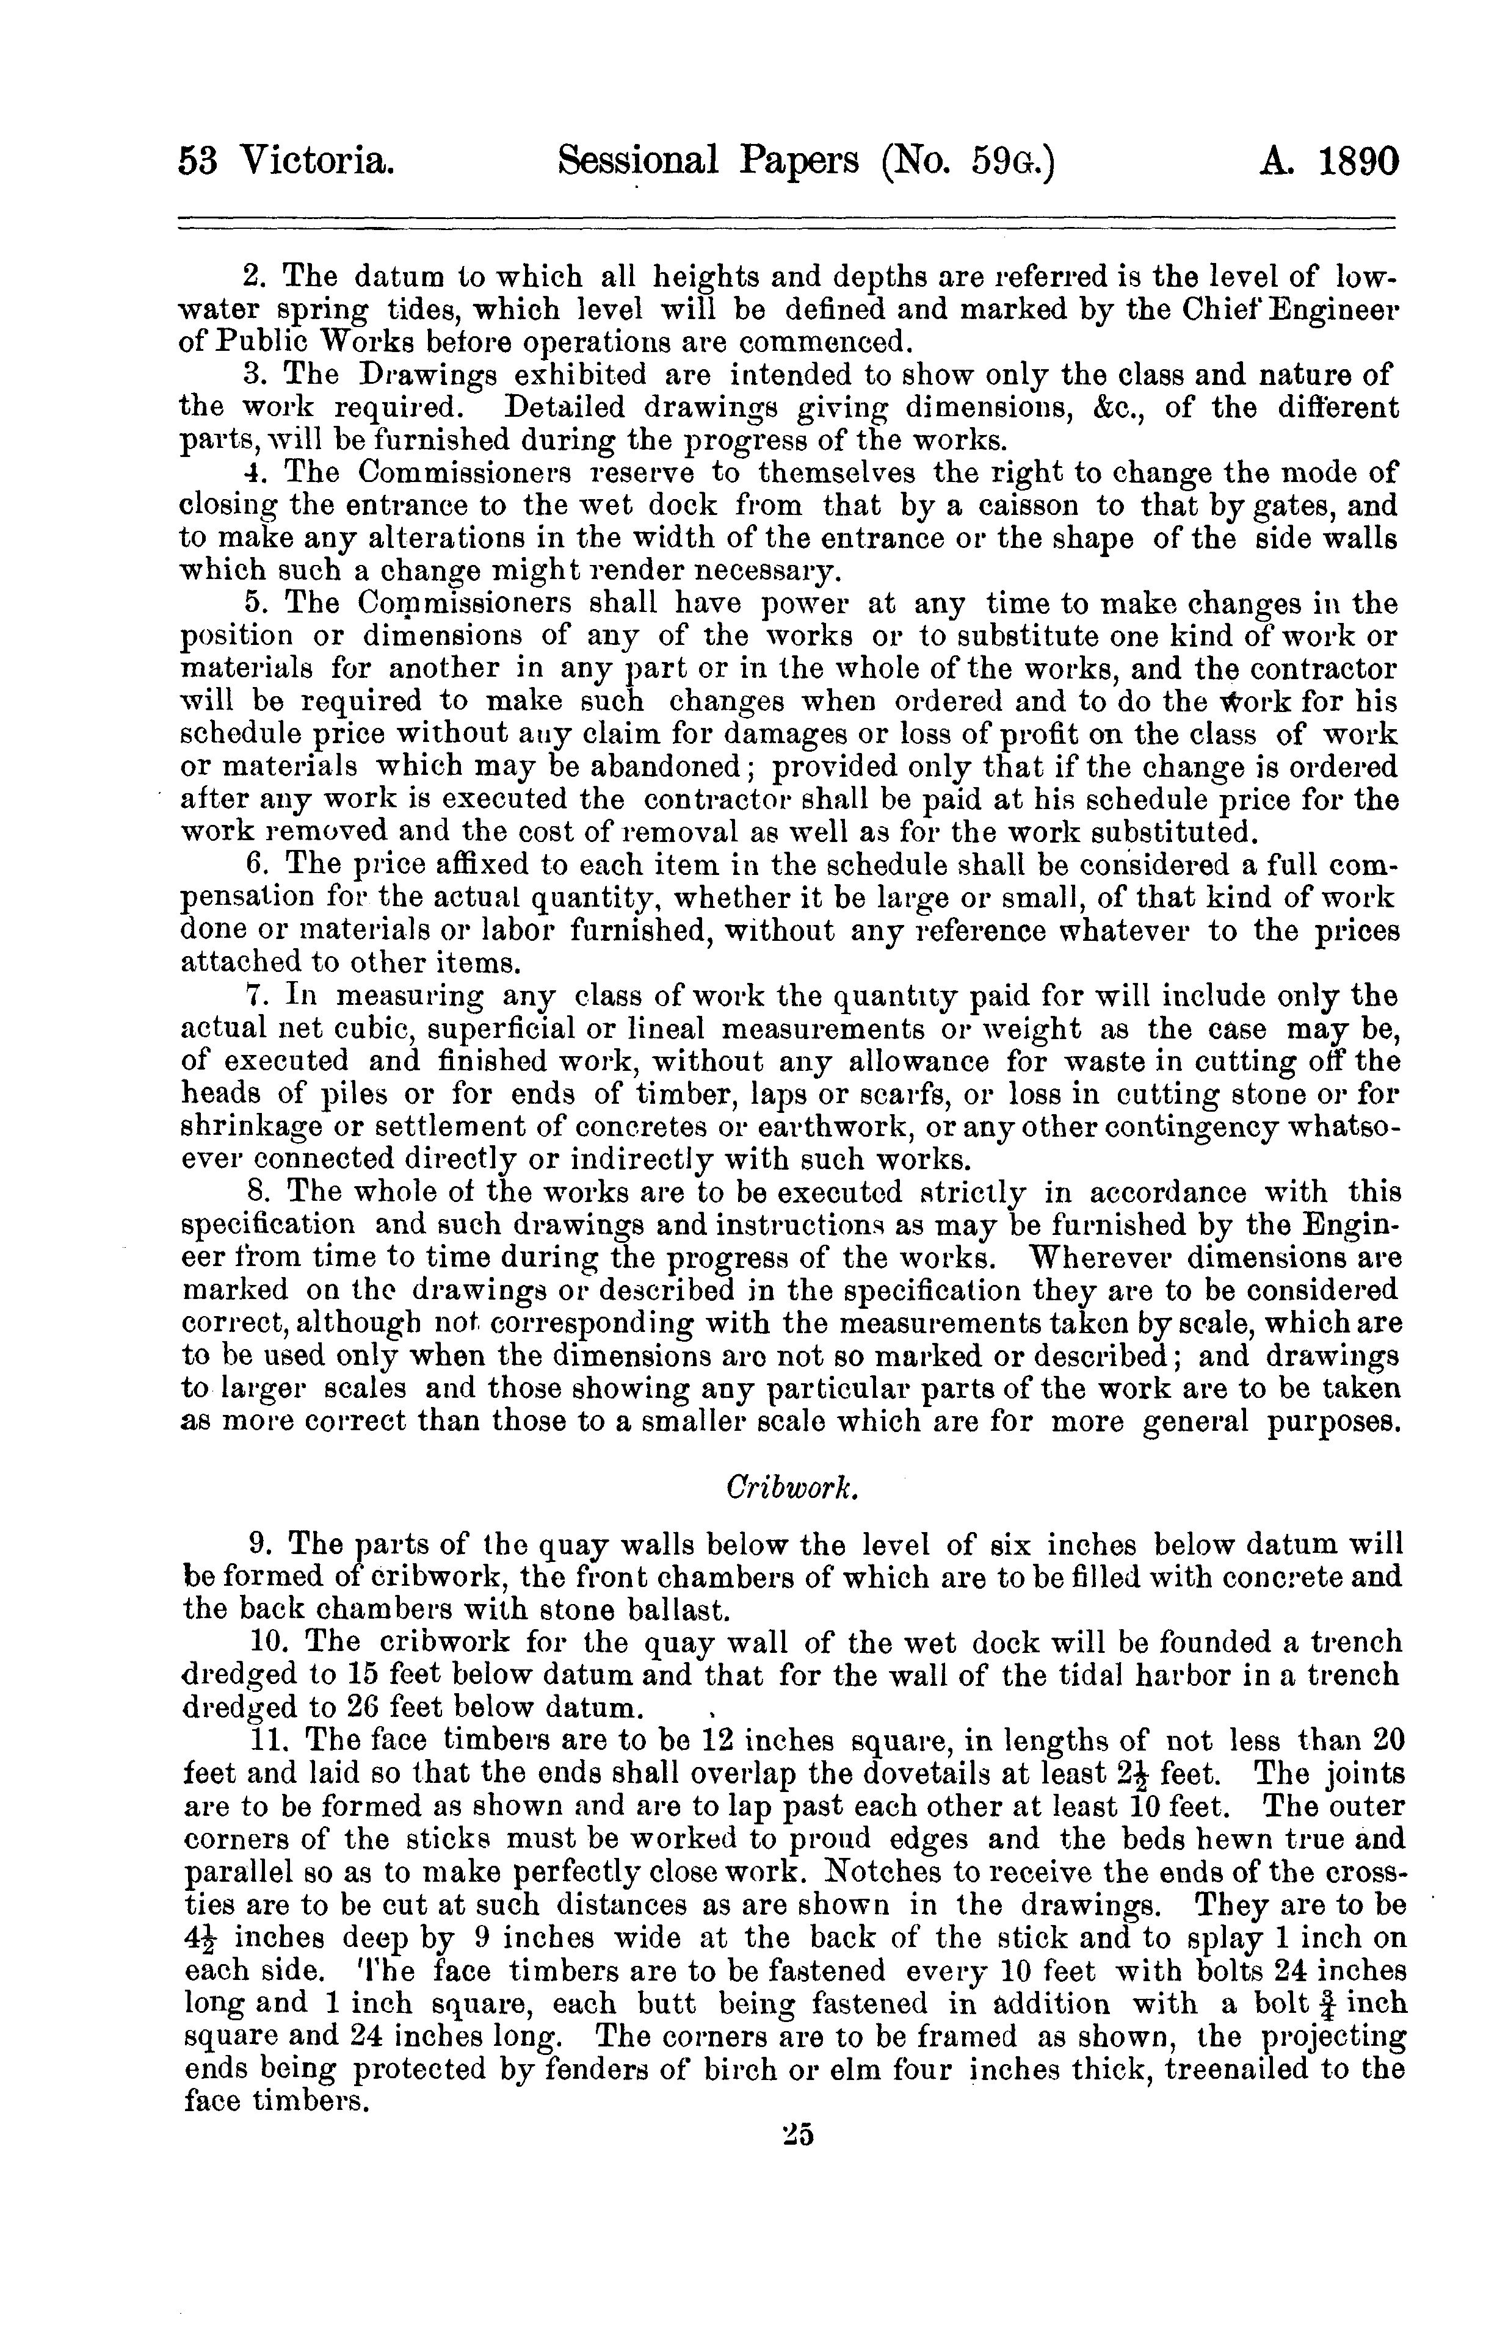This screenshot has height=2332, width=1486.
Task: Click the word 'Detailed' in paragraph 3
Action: tap(567, 408)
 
